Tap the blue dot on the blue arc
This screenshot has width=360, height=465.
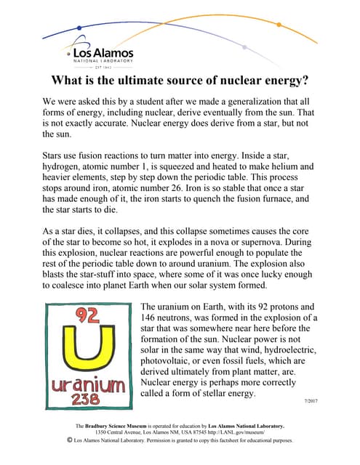coord(79,28)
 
